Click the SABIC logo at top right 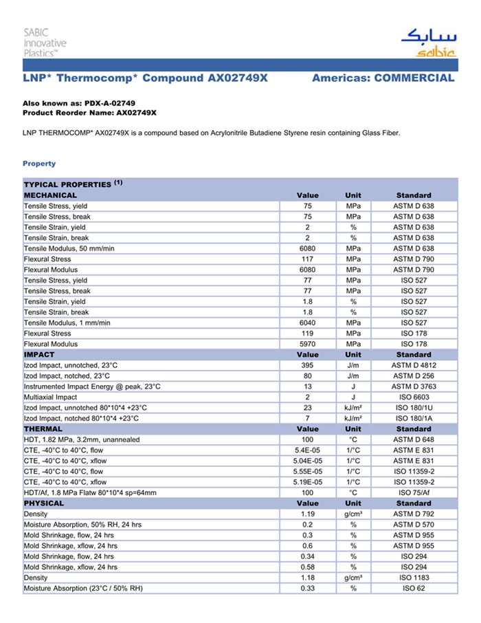pyautogui.click(x=427, y=43)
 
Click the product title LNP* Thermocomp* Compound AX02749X pyautogui.click(x=145, y=78)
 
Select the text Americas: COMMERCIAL pyautogui.click(x=383, y=78)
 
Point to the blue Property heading pyautogui.click(x=39, y=164)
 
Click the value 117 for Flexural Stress pyautogui.click(x=307, y=259)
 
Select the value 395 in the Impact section pyautogui.click(x=307, y=366)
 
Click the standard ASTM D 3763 pyautogui.click(x=414, y=386)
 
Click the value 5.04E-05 pyautogui.click(x=307, y=461)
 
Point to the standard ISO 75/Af pyautogui.click(x=414, y=492)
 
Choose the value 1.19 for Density pyautogui.click(x=307, y=514)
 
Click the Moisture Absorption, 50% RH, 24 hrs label pyautogui.click(x=82, y=525)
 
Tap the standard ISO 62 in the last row pyautogui.click(x=414, y=589)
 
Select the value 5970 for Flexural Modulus pyautogui.click(x=307, y=344)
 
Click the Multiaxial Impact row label pyautogui.click(x=50, y=397)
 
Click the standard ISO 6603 pyautogui.click(x=414, y=397)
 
